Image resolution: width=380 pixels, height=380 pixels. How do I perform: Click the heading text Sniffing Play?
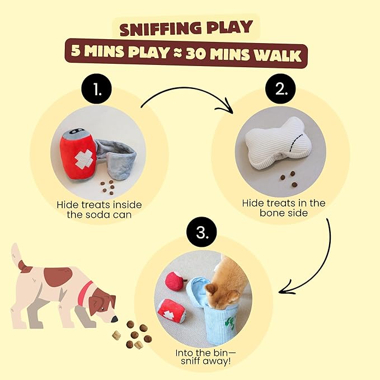click(190, 27)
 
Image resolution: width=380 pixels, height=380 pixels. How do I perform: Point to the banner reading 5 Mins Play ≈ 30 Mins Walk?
click(190, 55)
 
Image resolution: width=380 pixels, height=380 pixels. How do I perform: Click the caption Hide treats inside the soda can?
click(97, 209)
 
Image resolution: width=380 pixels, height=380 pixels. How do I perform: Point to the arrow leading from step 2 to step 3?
click(317, 263)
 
